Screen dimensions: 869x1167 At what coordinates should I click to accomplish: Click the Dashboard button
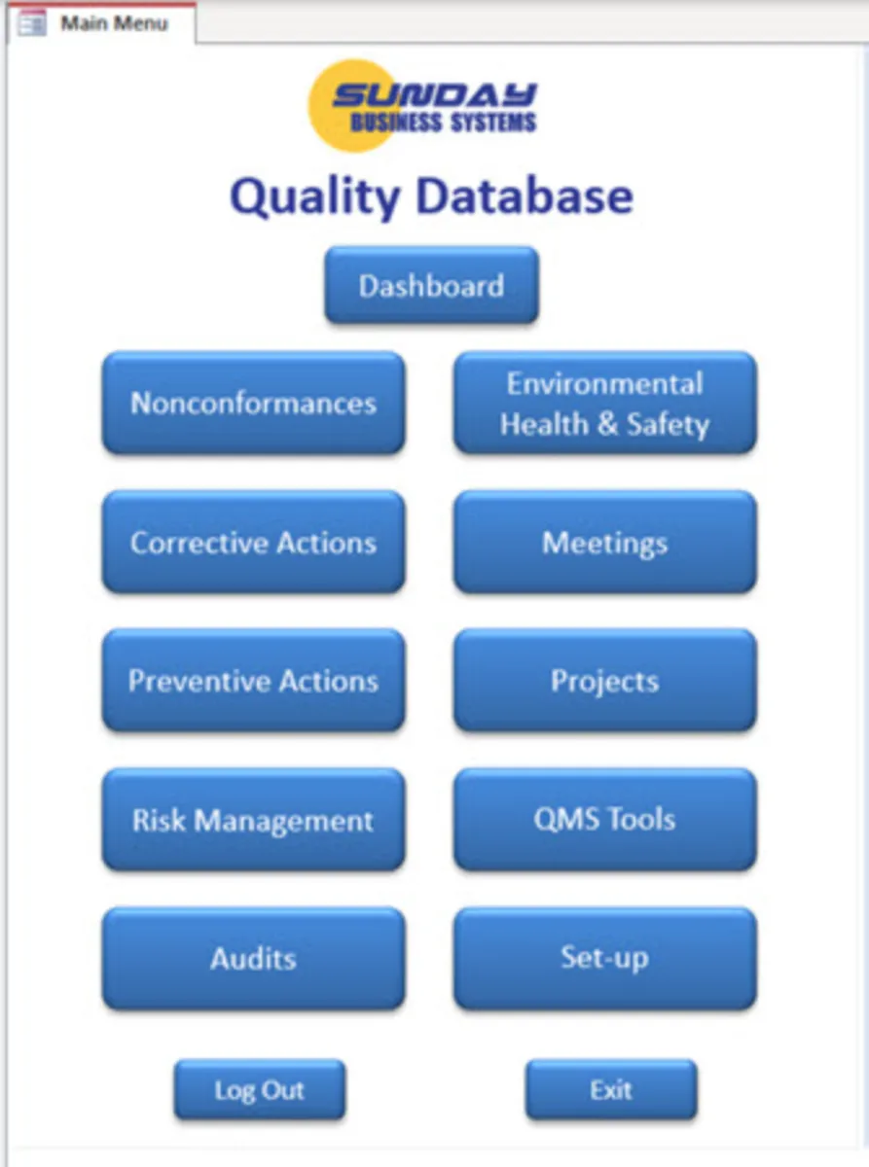coord(431,285)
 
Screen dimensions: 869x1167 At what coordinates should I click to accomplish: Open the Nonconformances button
coord(253,403)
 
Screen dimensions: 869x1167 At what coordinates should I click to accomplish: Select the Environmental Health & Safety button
coord(605,403)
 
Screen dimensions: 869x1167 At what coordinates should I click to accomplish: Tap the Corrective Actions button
coord(253,542)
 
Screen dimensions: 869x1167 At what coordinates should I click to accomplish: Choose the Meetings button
coord(605,542)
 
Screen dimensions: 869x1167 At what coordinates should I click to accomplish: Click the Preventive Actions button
coord(253,681)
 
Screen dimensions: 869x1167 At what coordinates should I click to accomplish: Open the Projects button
coord(605,681)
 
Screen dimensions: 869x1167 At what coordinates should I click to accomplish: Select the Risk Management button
coord(253,819)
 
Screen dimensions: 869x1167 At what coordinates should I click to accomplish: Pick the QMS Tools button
coord(605,819)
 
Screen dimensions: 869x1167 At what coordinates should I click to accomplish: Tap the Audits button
coord(253,958)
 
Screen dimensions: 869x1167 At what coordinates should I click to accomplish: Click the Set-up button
coord(605,958)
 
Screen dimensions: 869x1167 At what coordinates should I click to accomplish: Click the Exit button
coord(611,1089)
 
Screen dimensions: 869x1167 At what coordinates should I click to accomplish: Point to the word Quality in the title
coord(315,196)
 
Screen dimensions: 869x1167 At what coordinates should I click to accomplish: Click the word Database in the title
coord(525,195)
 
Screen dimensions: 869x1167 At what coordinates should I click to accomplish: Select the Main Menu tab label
coord(114,23)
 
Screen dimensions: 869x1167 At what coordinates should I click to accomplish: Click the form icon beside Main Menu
coord(31,23)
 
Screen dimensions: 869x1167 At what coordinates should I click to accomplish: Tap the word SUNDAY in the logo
coord(434,94)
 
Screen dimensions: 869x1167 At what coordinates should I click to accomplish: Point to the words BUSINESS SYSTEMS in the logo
coord(444,123)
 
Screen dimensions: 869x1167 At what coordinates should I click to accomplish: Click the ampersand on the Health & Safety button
coord(607,424)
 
